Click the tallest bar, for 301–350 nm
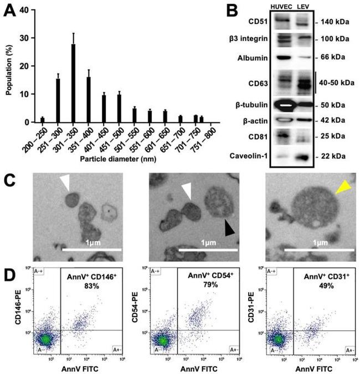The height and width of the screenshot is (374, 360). click(73, 83)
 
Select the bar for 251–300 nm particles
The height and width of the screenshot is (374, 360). click(58, 100)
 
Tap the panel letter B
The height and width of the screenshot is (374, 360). click(259, 9)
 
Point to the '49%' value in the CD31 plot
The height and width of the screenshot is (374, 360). click(317, 285)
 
